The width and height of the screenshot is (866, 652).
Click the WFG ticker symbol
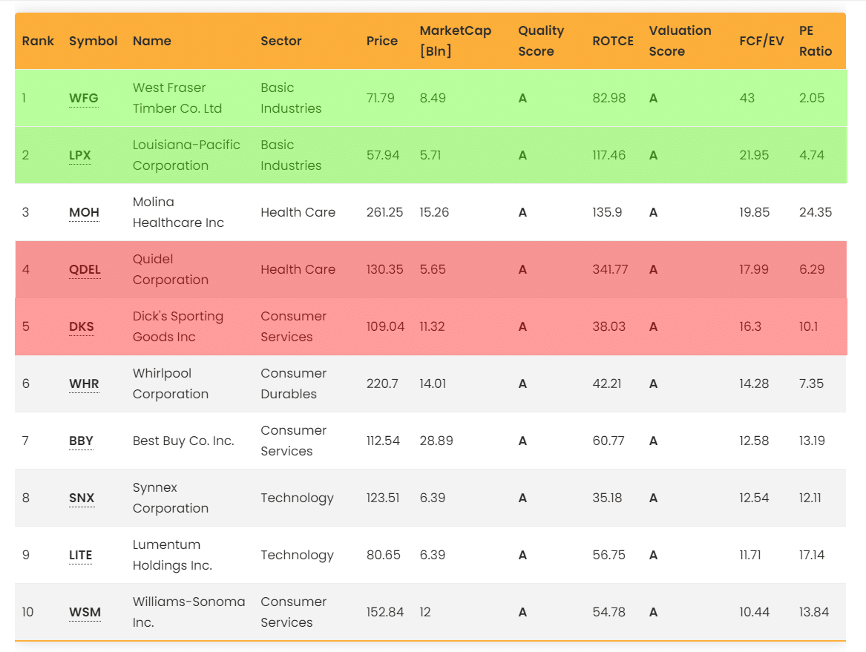pyautogui.click(x=83, y=99)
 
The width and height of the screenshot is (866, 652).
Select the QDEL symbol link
pyautogui.click(x=85, y=270)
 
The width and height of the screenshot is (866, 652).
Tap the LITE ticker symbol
pyautogui.click(x=80, y=556)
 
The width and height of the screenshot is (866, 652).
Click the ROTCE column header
pyautogui.click(x=613, y=41)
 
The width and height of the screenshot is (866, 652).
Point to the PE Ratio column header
pyautogui.click(x=816, y=41)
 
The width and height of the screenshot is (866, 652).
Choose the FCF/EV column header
pyautogui.click(x=761, y=41)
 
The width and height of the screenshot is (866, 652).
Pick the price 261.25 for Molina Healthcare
pyautogui.click(x=384, y=213)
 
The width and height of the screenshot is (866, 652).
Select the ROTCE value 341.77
pyautogui.click(x=610, y=270)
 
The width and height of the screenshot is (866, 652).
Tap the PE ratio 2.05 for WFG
pyautogui.click(x=812, y=99)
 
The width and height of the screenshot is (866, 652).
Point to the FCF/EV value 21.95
pyautogui.click(x=754, y=156)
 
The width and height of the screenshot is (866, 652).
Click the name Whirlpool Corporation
pyautogui.click(x=171, y=383)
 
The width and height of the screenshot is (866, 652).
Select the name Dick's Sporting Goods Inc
pyautogui.click(x=178, y=326)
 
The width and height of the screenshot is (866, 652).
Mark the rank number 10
pyautogui.click(x=27, y=613)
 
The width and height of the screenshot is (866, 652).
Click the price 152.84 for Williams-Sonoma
pyautogui.click(x=384, y=613)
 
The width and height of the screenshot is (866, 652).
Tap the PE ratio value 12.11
pyautogui.click(x=812, y=498)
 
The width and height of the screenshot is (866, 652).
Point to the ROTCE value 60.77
pyautogui.click(x=609, y=441)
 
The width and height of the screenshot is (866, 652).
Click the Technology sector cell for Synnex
pyautogui.click(x=297, y=498)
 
